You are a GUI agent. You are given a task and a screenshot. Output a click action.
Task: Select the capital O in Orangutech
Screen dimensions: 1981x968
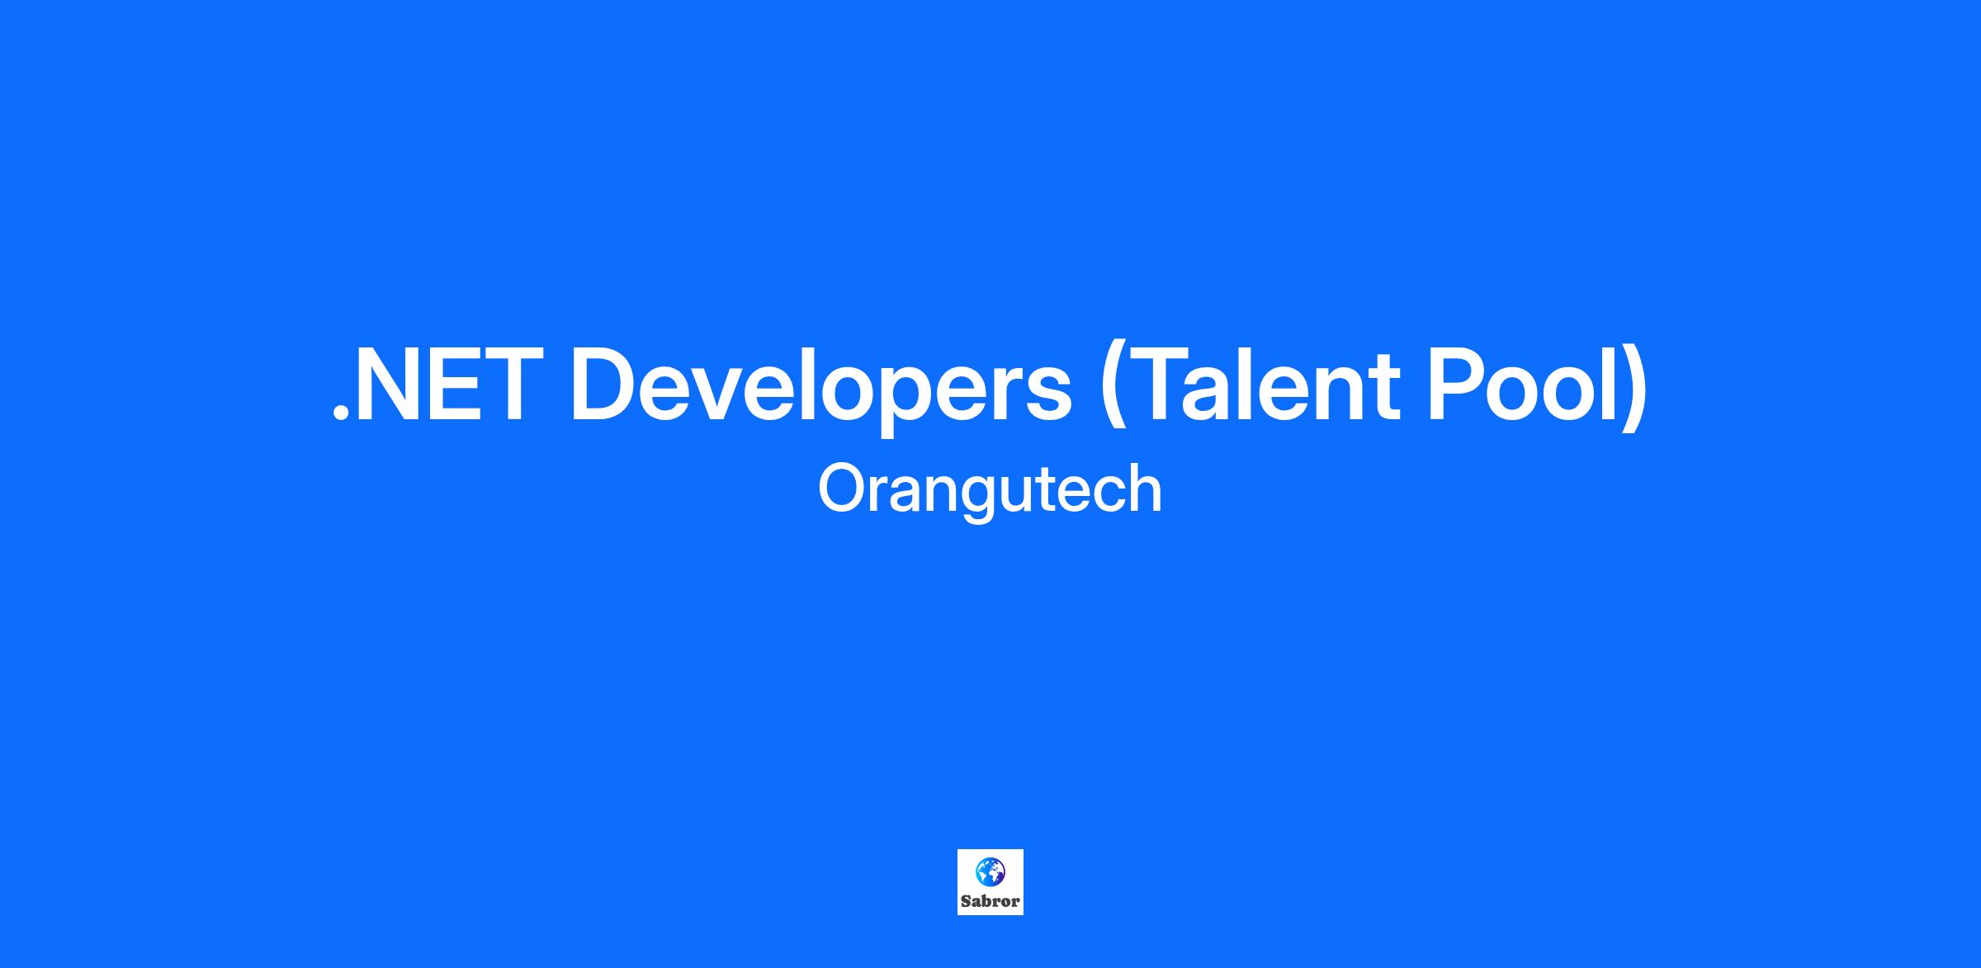pos(842,489)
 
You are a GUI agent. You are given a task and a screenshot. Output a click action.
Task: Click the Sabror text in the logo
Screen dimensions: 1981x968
pos(990,901)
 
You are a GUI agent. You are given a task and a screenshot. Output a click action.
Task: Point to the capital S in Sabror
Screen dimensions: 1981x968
pos(965,901)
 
